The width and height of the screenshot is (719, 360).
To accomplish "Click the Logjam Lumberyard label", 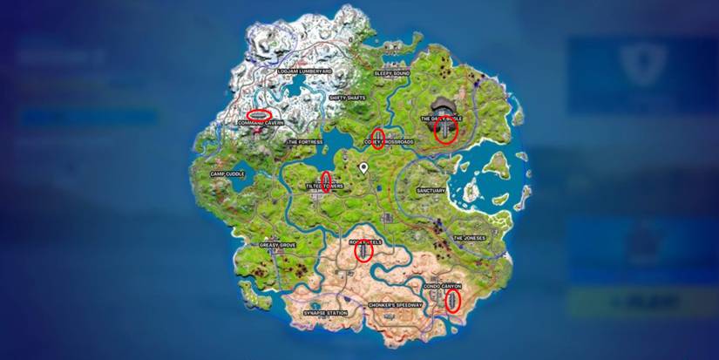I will coord(305,71).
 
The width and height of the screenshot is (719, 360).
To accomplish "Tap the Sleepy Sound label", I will coord(391,74).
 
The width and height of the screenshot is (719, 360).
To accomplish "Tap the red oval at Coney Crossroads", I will coord(377,139).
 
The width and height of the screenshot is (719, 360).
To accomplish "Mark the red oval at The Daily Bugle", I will coord(445,129).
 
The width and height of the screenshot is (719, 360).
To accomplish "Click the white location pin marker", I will coord(363,166).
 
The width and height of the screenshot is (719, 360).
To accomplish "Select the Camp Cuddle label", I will coord(228,173).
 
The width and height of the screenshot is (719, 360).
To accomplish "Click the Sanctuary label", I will coord(431,190).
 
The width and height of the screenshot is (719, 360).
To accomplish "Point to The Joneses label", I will coord(468,237).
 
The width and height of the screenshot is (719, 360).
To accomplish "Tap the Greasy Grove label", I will coord(278,245).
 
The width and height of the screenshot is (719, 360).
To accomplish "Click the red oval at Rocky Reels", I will coord(363,251).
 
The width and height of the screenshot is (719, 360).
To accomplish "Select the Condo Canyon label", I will coord(442,285).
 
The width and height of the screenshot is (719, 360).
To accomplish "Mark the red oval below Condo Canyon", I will coord(452,301).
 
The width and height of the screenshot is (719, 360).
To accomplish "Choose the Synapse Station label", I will coord(325,312).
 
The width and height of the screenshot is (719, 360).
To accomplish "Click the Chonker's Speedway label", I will coord(396,305).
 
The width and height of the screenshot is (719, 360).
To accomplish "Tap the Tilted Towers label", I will coord(324,186).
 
